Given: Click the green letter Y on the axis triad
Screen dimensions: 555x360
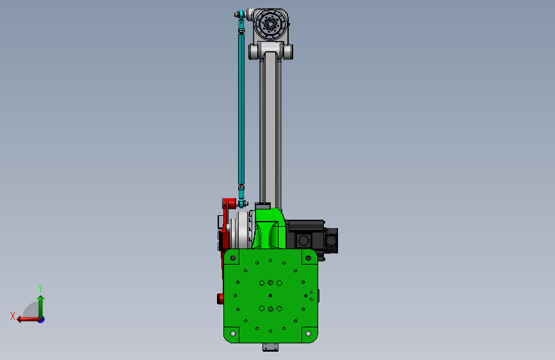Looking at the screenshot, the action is [x=40, y=288].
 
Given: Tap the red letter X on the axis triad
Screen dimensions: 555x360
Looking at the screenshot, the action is [x=13, y=316].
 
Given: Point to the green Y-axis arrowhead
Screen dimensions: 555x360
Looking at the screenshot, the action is [x=41, y=298].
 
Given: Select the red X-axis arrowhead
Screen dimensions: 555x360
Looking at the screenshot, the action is [x=19, y=320].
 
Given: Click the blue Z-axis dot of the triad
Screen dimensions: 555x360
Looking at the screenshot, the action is [x=42, y=320].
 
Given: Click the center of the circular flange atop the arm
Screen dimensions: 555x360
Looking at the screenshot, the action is [x=271, y=24].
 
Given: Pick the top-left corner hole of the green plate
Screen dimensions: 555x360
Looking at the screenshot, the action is [x=233, y=258].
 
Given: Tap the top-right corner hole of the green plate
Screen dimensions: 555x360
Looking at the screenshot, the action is [x=309, y=258].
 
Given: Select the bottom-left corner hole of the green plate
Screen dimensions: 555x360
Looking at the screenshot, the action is [x=233, y=334].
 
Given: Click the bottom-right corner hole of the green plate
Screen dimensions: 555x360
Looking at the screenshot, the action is [x=309, y=334].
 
